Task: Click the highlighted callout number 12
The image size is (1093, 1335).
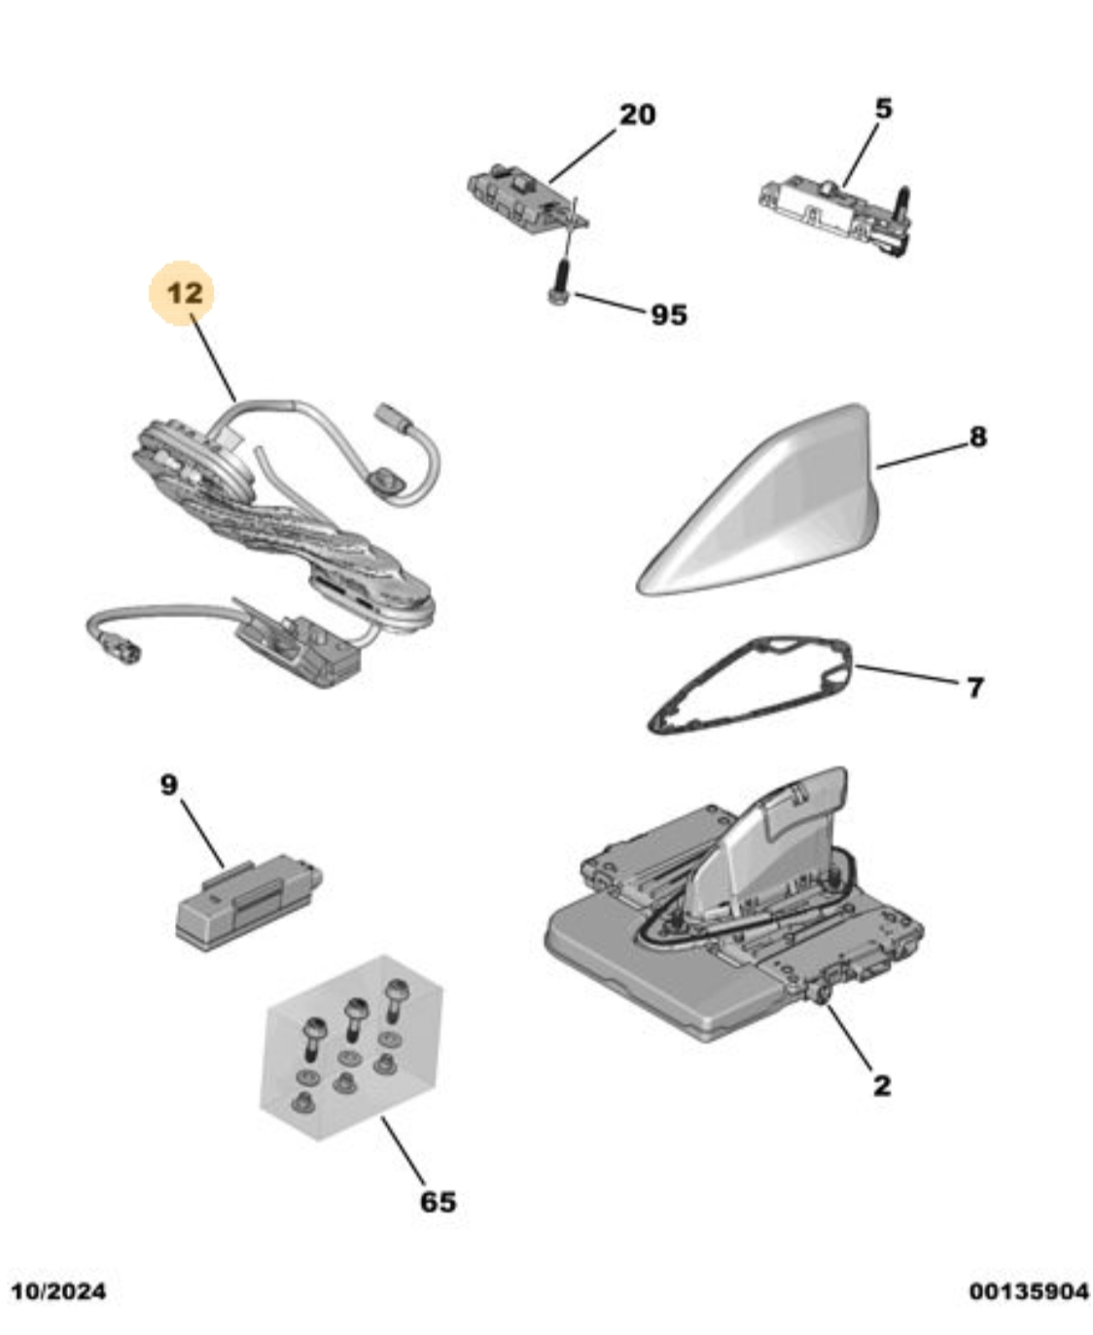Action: [186, 293]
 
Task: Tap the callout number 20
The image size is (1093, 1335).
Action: [637, 115]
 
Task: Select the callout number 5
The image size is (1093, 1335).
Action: [884, 108]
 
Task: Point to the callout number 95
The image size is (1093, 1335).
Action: [669, 314]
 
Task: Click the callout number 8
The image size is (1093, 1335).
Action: [978, 437]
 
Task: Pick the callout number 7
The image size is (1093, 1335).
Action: [975, 687]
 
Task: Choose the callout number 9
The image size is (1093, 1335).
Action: [169, 785]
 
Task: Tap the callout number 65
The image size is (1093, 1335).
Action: [438, 1202]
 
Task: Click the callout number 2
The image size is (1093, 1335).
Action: [882, 1086]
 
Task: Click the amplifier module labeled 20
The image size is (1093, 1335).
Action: [527, 198]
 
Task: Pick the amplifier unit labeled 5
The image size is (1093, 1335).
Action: [835, 213]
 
